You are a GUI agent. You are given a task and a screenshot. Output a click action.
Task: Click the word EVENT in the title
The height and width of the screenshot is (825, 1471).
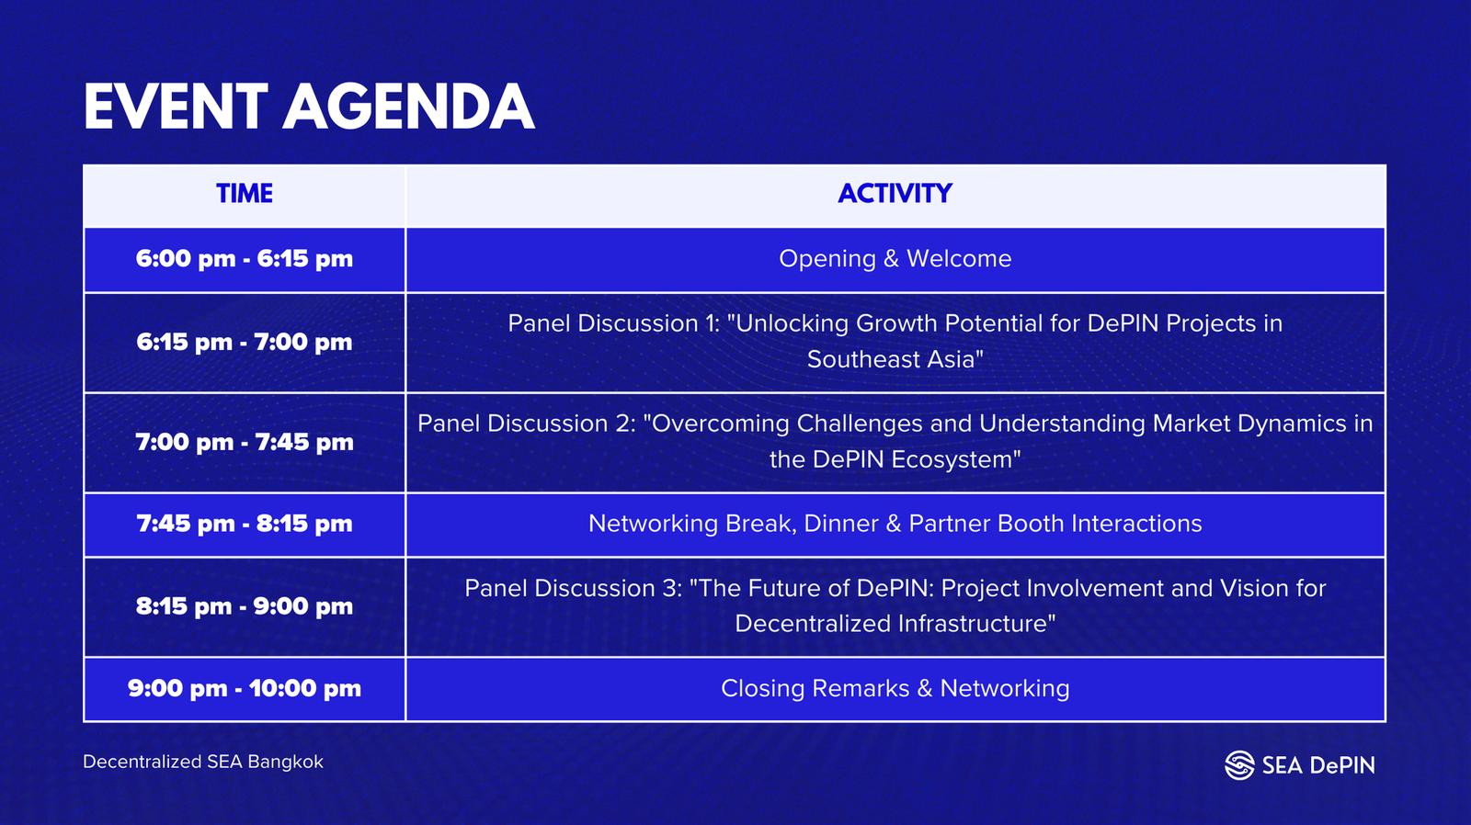(176, 107)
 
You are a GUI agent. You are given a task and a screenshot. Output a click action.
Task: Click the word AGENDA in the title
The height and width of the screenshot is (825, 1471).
(409, 107)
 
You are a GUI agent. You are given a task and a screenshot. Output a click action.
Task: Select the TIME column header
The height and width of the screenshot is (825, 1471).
(245, 194)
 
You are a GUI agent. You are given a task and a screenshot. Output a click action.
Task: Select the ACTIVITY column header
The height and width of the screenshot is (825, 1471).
(895, 194)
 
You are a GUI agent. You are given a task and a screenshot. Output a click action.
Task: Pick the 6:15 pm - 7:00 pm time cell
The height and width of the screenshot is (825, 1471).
(245, 342)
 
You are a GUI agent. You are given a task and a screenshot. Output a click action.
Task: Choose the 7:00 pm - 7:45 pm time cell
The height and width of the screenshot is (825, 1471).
(245, 443)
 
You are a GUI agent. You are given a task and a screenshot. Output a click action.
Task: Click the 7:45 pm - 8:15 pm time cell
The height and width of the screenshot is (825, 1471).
(245, 524)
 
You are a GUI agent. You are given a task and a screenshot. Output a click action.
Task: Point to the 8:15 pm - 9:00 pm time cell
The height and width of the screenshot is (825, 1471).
(245, 606)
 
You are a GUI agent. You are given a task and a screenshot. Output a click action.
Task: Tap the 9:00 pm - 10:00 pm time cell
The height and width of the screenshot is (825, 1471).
(245, 688)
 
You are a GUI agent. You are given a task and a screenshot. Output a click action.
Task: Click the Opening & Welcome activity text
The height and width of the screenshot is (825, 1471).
(895, 259)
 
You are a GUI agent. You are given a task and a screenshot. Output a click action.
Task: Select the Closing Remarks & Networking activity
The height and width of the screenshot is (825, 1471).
(895, 689)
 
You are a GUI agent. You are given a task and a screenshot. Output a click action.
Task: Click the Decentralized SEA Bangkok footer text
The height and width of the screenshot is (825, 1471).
(203, 762)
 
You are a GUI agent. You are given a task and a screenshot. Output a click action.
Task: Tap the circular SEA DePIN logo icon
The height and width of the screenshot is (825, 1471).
(1239, 765)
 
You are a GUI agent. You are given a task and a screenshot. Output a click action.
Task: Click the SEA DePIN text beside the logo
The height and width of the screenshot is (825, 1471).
(1318, 765)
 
